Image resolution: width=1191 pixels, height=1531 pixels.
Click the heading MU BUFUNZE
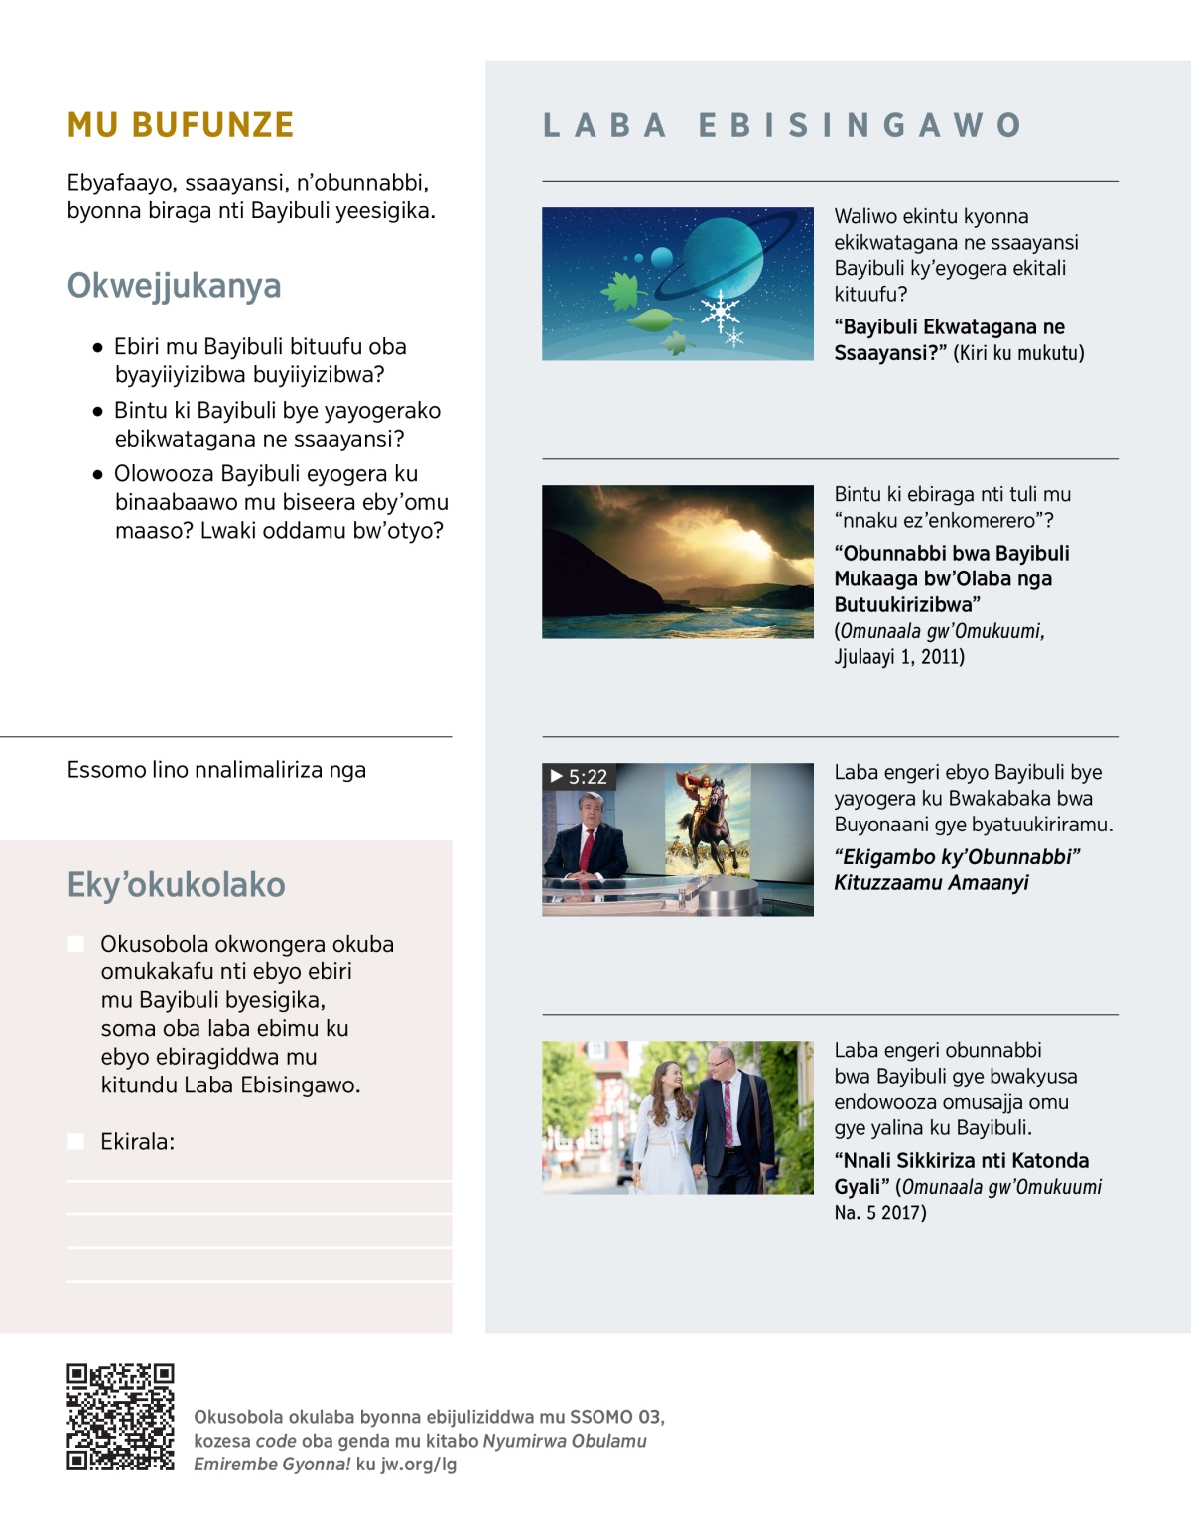point(181,125)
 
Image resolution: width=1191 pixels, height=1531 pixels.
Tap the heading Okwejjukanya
point(174,286)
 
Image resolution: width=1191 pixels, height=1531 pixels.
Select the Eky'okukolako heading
point(176,884)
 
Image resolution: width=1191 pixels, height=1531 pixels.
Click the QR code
point(120,1417)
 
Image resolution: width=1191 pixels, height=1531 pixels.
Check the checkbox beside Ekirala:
point(75,1141)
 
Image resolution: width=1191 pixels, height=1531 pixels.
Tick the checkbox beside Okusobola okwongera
point(75,943)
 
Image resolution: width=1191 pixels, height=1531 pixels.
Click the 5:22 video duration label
point(579,777)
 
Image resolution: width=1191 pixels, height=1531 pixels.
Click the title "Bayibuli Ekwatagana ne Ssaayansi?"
point(949,339)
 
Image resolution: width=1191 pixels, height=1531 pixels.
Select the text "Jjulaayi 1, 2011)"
point(899,656)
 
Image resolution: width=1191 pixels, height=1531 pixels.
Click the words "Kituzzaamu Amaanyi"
point(931,882)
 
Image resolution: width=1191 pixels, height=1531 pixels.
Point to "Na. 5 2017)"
point(879,1212)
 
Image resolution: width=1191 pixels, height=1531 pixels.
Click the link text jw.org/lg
point(419,1464)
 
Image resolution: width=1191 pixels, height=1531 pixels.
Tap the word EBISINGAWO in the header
point(860,125)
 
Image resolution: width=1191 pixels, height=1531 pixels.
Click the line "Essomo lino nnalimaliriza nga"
point(216,770)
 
